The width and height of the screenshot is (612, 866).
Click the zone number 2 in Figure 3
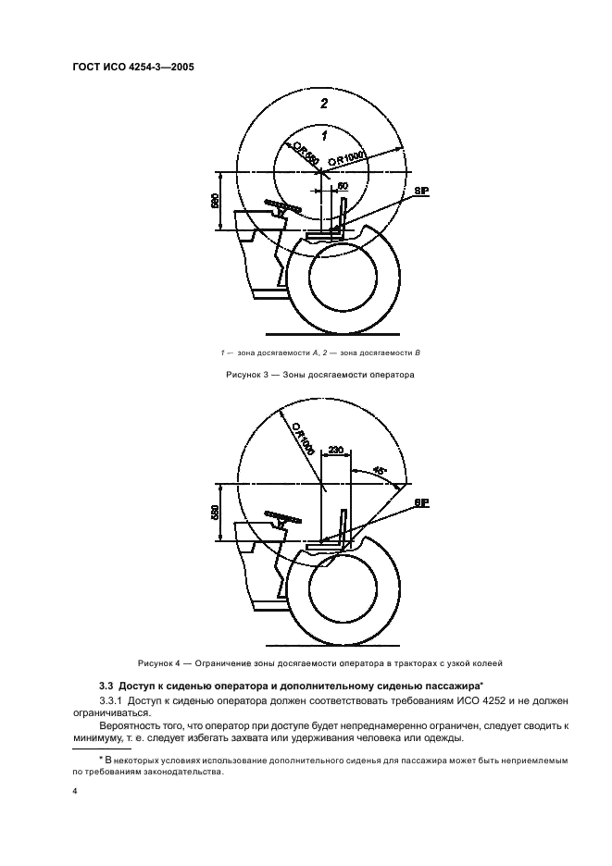click(324, 103)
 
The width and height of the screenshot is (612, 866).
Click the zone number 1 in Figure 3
click(324, 135)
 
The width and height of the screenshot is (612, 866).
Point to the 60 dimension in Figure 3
click(343, 186)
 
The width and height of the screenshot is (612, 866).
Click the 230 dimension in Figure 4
click(336, 451)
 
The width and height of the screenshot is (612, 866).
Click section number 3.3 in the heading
click(106, 686)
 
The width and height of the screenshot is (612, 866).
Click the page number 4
click(76, 793)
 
